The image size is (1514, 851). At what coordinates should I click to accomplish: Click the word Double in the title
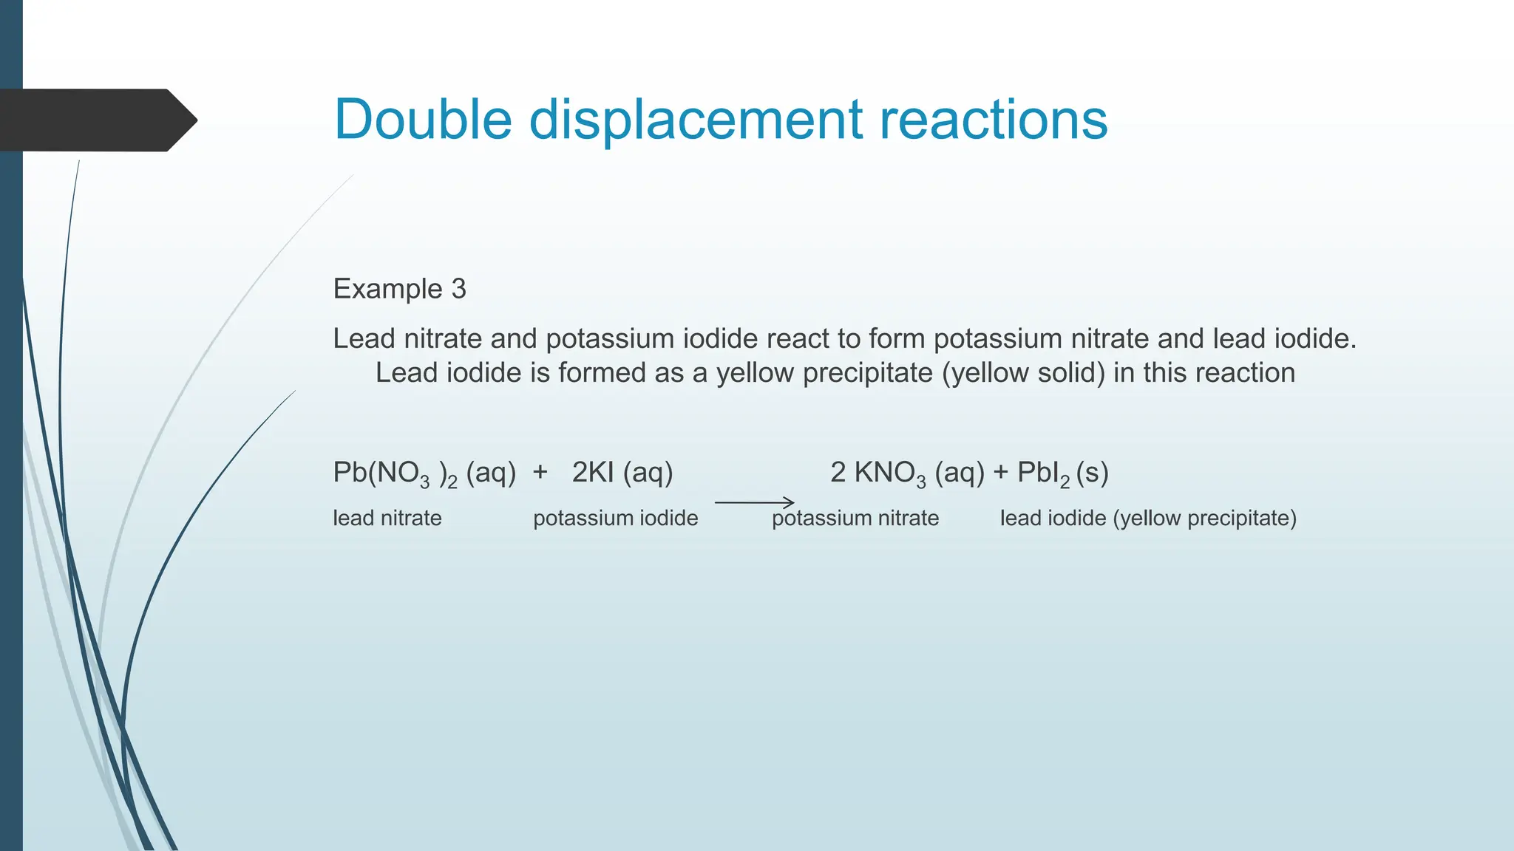pyautogui.click(x=423, y=120)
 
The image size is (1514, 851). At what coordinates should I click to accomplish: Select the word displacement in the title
pyautogui.click(x=696, y=120)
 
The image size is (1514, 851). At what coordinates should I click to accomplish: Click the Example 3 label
pyautogui.click(x=399, y=289)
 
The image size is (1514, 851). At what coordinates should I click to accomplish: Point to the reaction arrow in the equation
pyautogui.click(x=754, y=502)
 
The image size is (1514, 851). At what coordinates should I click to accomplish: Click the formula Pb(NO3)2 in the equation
pyautogui.click(x=395, y=474)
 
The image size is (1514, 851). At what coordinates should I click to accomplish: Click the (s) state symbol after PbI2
pyautogui.click(x=1093, y=473)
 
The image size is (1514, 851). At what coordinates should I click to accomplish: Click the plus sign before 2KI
pyautogui.click(x=540, y=472)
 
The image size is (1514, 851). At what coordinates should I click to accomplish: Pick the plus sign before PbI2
pyautogui.click(x=1001, y=473)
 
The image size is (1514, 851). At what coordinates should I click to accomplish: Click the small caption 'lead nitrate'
pyautogui.click(x=387, y=518)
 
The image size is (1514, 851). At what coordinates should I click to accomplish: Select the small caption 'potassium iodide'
pyautogui.click(x=615, y=518)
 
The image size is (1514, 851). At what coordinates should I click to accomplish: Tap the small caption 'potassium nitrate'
pyautogui.click(x=855, y=518)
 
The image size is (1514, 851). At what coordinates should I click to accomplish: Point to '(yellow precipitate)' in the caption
pyautogui.click(x=1204, y=519)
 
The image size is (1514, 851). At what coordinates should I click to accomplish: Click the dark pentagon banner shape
pyautogui.click(x=96, y=120)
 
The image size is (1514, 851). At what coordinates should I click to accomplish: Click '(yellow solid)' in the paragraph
pyautogui.click(x=1023, y=373)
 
